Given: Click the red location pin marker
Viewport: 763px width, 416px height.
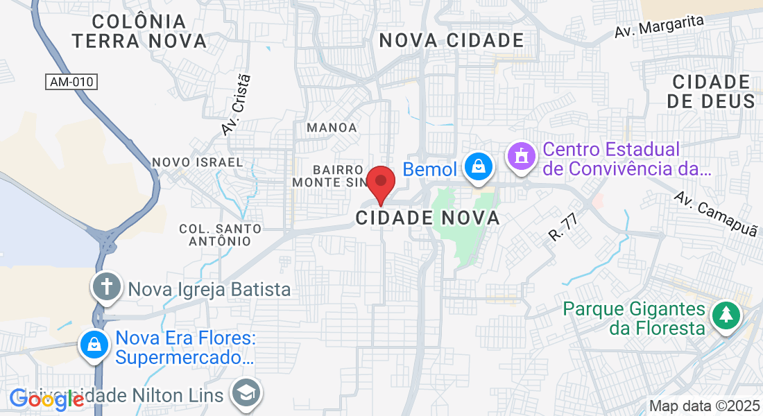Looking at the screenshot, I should [x=381, y=182].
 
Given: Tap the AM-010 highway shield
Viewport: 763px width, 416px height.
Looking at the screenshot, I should [x=72, y=82].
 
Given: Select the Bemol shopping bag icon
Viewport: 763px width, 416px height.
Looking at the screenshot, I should [x=478, y=166].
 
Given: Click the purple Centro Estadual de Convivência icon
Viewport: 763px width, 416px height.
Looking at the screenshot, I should [x=521, y=156].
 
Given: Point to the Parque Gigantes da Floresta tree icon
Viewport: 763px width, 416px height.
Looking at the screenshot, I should [x=726, y=314].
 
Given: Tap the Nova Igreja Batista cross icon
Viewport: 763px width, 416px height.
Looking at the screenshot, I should [x=108, y=286].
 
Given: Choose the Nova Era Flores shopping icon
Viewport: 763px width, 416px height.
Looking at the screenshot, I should [x=93, y=344].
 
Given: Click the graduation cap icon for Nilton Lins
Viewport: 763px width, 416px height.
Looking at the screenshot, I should [x=246, y=393].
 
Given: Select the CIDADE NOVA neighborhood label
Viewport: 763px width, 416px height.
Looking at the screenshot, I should [x=428, y=218].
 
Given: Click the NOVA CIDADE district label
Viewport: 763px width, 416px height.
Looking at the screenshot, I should [x=452, y=40].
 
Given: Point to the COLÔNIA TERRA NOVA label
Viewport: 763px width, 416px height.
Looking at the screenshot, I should [x=139, y=31].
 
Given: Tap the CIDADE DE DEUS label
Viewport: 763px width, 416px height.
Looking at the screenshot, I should [x=711, y=92].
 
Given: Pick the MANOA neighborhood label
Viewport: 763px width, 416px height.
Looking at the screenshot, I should [x=332, y=128].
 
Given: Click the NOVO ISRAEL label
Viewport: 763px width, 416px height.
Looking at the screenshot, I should [x=198, y=162].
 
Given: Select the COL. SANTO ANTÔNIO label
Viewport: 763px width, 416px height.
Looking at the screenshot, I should [x=221, y=234].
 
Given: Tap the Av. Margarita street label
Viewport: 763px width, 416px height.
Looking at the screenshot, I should [x=659, y=27].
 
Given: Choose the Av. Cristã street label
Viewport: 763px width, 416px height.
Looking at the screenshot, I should [x=236, y=105].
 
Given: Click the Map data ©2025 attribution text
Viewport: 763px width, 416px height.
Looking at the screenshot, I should [x=703, y=406].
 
